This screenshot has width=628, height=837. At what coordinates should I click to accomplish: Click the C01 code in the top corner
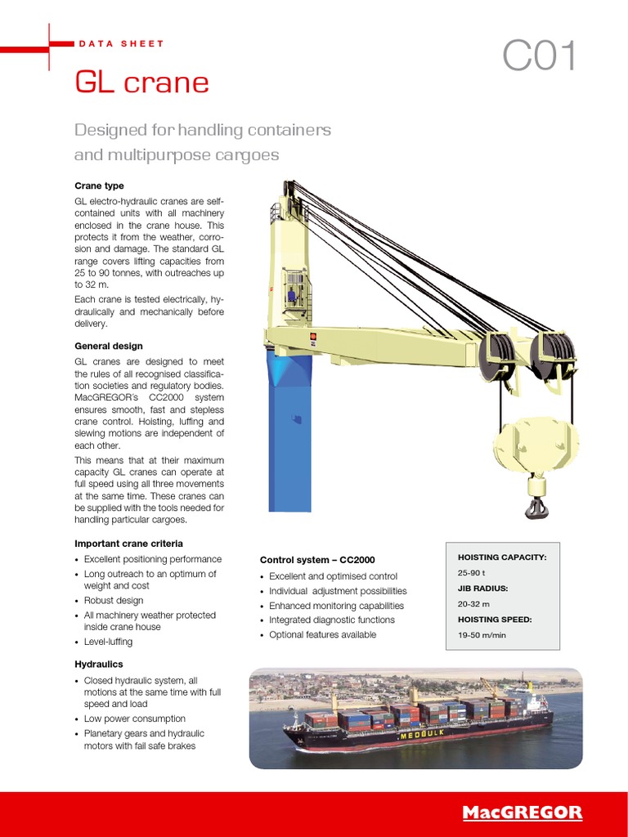pyautogui.click(x=540, y=57)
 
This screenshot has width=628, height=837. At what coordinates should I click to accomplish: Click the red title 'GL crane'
pyautogui.click(x=141, y=82)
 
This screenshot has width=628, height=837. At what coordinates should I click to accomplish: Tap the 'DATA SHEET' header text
pyautogui.click(x=121, y=43)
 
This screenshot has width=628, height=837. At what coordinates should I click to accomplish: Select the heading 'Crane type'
pyautogui.click(x=99, y=186)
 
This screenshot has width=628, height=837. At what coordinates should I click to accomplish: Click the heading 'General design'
pyautogui.click(x=109, y=346)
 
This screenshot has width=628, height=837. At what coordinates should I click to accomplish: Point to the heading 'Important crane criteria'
pyautogui.click(x=128, y=544)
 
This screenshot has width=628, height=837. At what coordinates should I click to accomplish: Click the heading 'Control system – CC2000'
pyautogui.click(x=317, y=560)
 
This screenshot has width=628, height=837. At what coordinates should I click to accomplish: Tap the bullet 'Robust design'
pyautogui.click(x=114, y=600)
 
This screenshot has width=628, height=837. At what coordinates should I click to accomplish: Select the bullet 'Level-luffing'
pyautogui.click(x=108, y=642)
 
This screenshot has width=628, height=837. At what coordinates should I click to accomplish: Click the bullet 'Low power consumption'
pyautogui.click(x=135, y=718)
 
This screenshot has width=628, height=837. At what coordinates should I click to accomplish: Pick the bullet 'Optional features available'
pyautogui.click(x=323, y=634)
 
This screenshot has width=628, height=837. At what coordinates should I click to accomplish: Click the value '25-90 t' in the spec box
pyautogui.click(x=472, y=573)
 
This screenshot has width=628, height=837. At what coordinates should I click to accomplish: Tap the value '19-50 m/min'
pyautogui.click(x=482, y=635)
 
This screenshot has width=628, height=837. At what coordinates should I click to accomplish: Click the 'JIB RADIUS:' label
pyautogui.click(x=482, y=589)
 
